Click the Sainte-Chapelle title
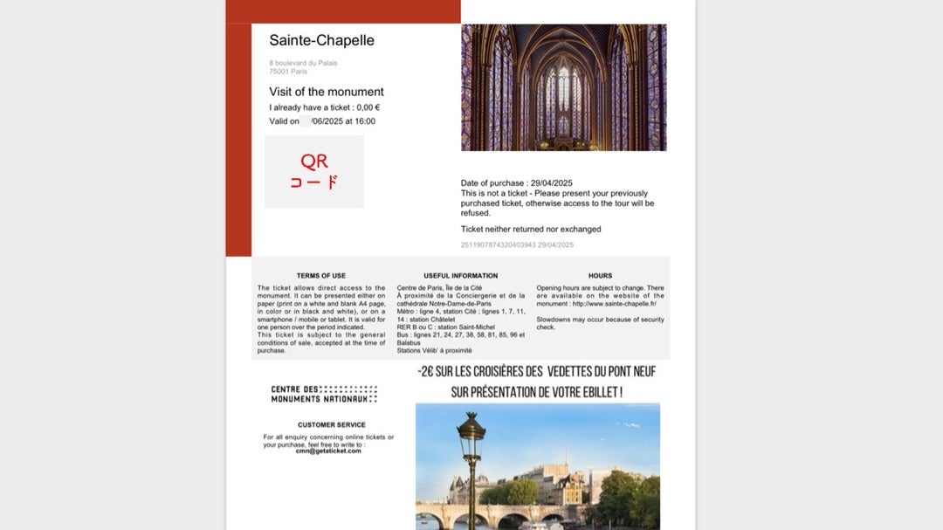pos(321,40)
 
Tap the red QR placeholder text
pos(314,172)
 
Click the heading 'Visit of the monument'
pos(326,92)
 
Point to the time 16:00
pos(364,121)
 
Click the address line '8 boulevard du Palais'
pos(303,63)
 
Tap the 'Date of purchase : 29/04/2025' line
pos(516,183)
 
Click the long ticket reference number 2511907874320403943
pos(498,244)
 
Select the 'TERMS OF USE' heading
pos(320,276)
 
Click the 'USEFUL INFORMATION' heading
pos(460,276)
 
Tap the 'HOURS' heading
pos(600,276)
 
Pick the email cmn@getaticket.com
pos(328,451)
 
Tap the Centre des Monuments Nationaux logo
pos(324,394)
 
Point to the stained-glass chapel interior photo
pos(563,87)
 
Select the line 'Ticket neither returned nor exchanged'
pos(531,230)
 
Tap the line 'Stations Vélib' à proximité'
pos(434,350)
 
